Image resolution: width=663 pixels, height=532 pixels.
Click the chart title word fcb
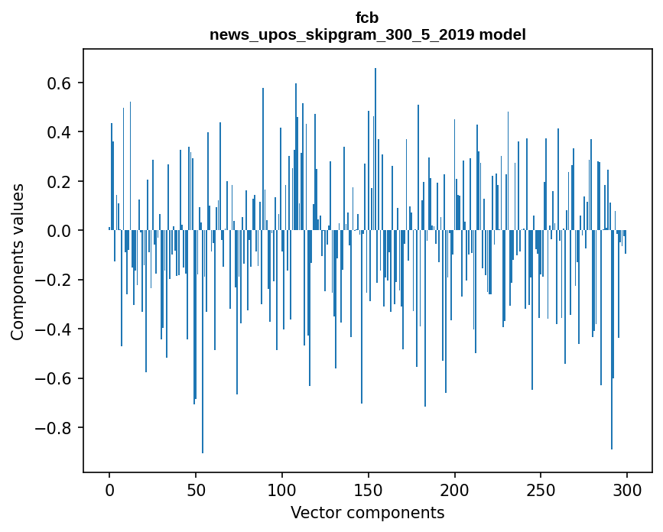coord(367,18)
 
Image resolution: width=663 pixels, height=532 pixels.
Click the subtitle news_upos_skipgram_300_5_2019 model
coord(367,34)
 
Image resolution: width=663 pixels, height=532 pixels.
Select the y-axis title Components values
coord(18,261)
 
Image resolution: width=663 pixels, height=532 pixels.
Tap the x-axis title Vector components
coord(367,512)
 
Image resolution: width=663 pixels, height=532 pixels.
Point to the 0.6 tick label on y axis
coord(60,83)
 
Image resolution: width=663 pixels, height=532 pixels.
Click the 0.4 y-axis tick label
coord(60,132)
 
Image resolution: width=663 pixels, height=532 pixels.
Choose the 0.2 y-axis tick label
coord(60,181)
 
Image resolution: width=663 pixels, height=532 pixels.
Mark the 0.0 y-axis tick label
coord(60,231)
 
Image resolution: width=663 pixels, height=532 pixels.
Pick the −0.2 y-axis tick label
coord(54,280)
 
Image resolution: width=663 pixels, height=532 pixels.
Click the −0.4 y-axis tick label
coord(54,329)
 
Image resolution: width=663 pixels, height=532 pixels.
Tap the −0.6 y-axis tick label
coord(54,378)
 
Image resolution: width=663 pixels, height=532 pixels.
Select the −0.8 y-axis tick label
coord(54,427)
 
